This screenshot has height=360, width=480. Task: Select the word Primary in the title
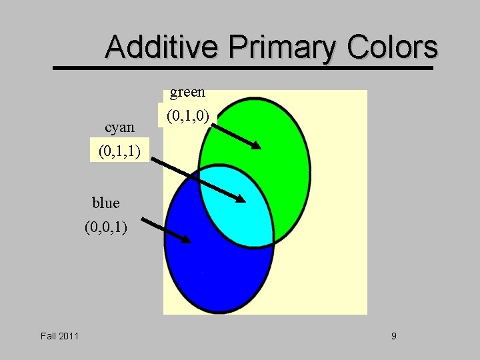pos(281,47)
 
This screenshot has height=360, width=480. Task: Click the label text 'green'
pos(187,92)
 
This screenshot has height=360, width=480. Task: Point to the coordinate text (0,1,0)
pos(188,117)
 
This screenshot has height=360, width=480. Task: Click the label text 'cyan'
pos(120,127)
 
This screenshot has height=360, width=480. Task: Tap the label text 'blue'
pos(106,203)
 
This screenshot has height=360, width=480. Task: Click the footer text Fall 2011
pos(59,335)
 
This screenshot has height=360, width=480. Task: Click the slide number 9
pos(393,335)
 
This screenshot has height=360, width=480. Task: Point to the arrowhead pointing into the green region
pos(256,145)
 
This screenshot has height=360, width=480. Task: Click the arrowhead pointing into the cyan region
pos(240,197)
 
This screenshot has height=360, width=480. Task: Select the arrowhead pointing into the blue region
pos(186,238)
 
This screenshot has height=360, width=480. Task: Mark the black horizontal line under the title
pos(243,67)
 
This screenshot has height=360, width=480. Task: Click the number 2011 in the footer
pos(69,335)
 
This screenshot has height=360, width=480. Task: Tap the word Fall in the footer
pos(48,335)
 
